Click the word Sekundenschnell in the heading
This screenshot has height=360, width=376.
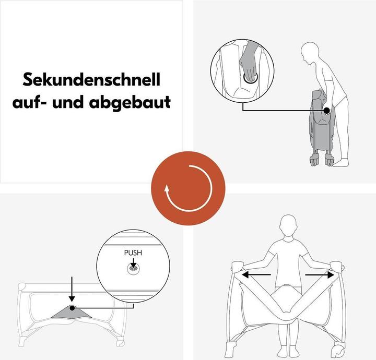91,80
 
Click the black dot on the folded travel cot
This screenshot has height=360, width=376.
326,110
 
